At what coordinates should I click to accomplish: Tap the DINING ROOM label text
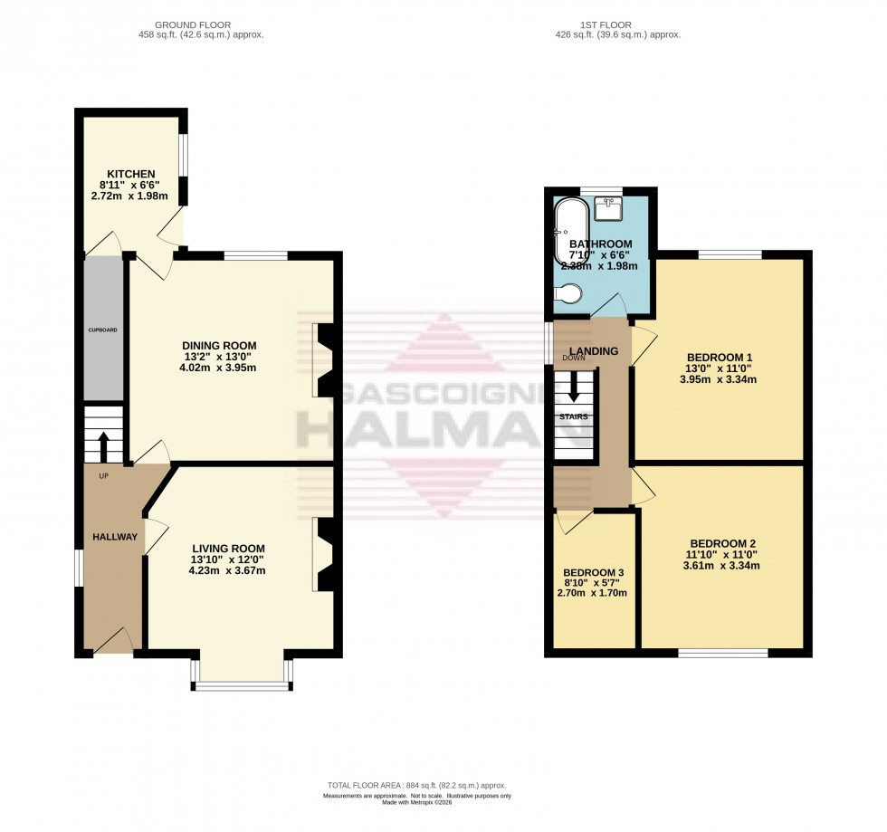coord(219,346)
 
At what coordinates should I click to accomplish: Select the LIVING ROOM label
coord(228,548)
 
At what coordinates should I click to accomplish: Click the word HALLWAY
coord(115,537)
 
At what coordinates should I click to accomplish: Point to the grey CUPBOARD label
coord(103,330)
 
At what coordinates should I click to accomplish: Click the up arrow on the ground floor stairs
coord(103,445)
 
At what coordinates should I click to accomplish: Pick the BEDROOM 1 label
coord(719,358)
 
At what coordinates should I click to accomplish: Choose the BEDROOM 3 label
coord(594,573)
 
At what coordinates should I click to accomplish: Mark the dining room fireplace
coord(324,360)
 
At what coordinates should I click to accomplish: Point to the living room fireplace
coord(324,553)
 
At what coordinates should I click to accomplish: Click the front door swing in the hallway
coord(113,642)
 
